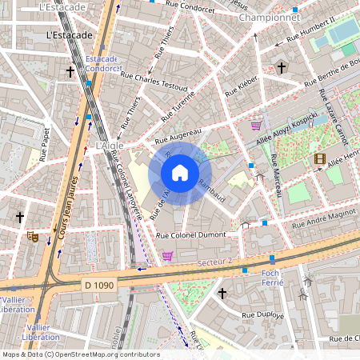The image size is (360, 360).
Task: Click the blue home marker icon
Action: (x=180, y=173)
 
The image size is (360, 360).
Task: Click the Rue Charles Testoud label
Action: (x=154, y=81)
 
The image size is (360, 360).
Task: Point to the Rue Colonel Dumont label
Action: (x=197, y=236)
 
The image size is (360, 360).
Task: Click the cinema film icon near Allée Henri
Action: (x=320, y=159)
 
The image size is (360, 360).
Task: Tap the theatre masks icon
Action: (x=32, y=236)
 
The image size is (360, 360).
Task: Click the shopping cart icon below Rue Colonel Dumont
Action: (x=167, y=256)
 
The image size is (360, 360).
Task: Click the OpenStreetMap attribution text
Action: (x=80, y=354)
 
